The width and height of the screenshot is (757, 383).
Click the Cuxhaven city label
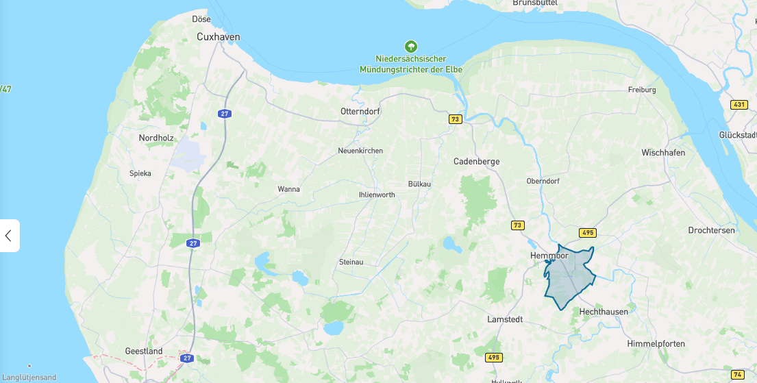(218, 37)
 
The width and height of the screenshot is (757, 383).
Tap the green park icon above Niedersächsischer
(411, 47)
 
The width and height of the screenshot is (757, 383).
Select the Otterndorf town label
(360, 111)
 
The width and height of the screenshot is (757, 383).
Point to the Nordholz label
(156, 138)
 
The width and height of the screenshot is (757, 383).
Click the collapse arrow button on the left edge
(9, 236)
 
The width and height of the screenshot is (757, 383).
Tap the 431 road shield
(739, 105)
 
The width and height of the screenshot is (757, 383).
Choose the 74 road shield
(738, 374)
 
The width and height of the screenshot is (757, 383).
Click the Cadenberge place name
(477, 162)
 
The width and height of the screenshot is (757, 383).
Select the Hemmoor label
(549, 256)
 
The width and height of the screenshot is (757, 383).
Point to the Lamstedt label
(505, 319)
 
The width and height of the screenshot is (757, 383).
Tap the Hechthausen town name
(604, 312)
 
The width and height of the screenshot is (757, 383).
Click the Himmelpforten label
(656, 343)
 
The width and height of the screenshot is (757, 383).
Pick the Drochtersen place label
(711, 230)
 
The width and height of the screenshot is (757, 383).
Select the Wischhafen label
(663, 153)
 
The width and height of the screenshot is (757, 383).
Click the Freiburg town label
(642, 90)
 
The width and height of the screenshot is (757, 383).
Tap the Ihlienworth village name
(377, 195)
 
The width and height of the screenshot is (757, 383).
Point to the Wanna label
(288, 189)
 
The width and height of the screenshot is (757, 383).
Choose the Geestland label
(144, 351)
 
